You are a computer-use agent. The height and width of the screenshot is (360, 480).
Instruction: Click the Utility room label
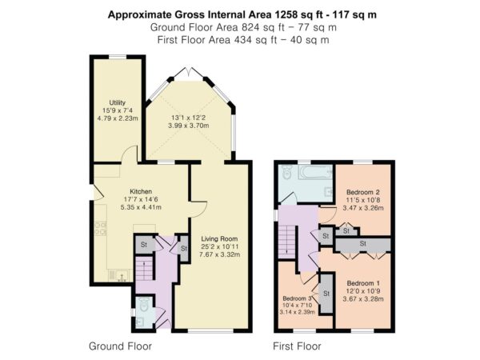118,102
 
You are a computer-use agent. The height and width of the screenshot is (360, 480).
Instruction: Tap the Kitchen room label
141,192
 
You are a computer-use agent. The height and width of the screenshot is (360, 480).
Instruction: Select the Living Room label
219,238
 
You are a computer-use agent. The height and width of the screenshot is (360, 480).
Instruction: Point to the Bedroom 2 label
363,192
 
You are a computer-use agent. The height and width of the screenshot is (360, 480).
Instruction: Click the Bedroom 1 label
363,283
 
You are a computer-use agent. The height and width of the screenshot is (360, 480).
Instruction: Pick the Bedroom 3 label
297,298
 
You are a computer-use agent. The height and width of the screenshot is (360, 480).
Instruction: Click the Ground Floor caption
120,346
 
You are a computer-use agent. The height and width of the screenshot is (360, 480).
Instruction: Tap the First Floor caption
297,346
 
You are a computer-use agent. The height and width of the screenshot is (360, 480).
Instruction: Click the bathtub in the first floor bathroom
315,173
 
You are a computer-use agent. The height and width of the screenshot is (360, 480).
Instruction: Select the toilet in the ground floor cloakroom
143,304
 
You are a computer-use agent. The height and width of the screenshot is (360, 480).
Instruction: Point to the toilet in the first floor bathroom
286,172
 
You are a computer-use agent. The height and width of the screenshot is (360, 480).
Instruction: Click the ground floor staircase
144,270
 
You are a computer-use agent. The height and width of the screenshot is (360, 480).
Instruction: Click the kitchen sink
120,276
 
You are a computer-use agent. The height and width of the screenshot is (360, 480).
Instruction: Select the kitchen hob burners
101,228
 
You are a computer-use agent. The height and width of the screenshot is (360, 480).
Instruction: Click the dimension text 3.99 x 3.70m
189,126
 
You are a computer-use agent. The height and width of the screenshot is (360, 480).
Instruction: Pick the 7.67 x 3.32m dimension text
219,254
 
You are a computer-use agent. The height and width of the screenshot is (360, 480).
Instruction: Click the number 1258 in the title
287,14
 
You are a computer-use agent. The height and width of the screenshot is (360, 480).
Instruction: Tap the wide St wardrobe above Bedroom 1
363,244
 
